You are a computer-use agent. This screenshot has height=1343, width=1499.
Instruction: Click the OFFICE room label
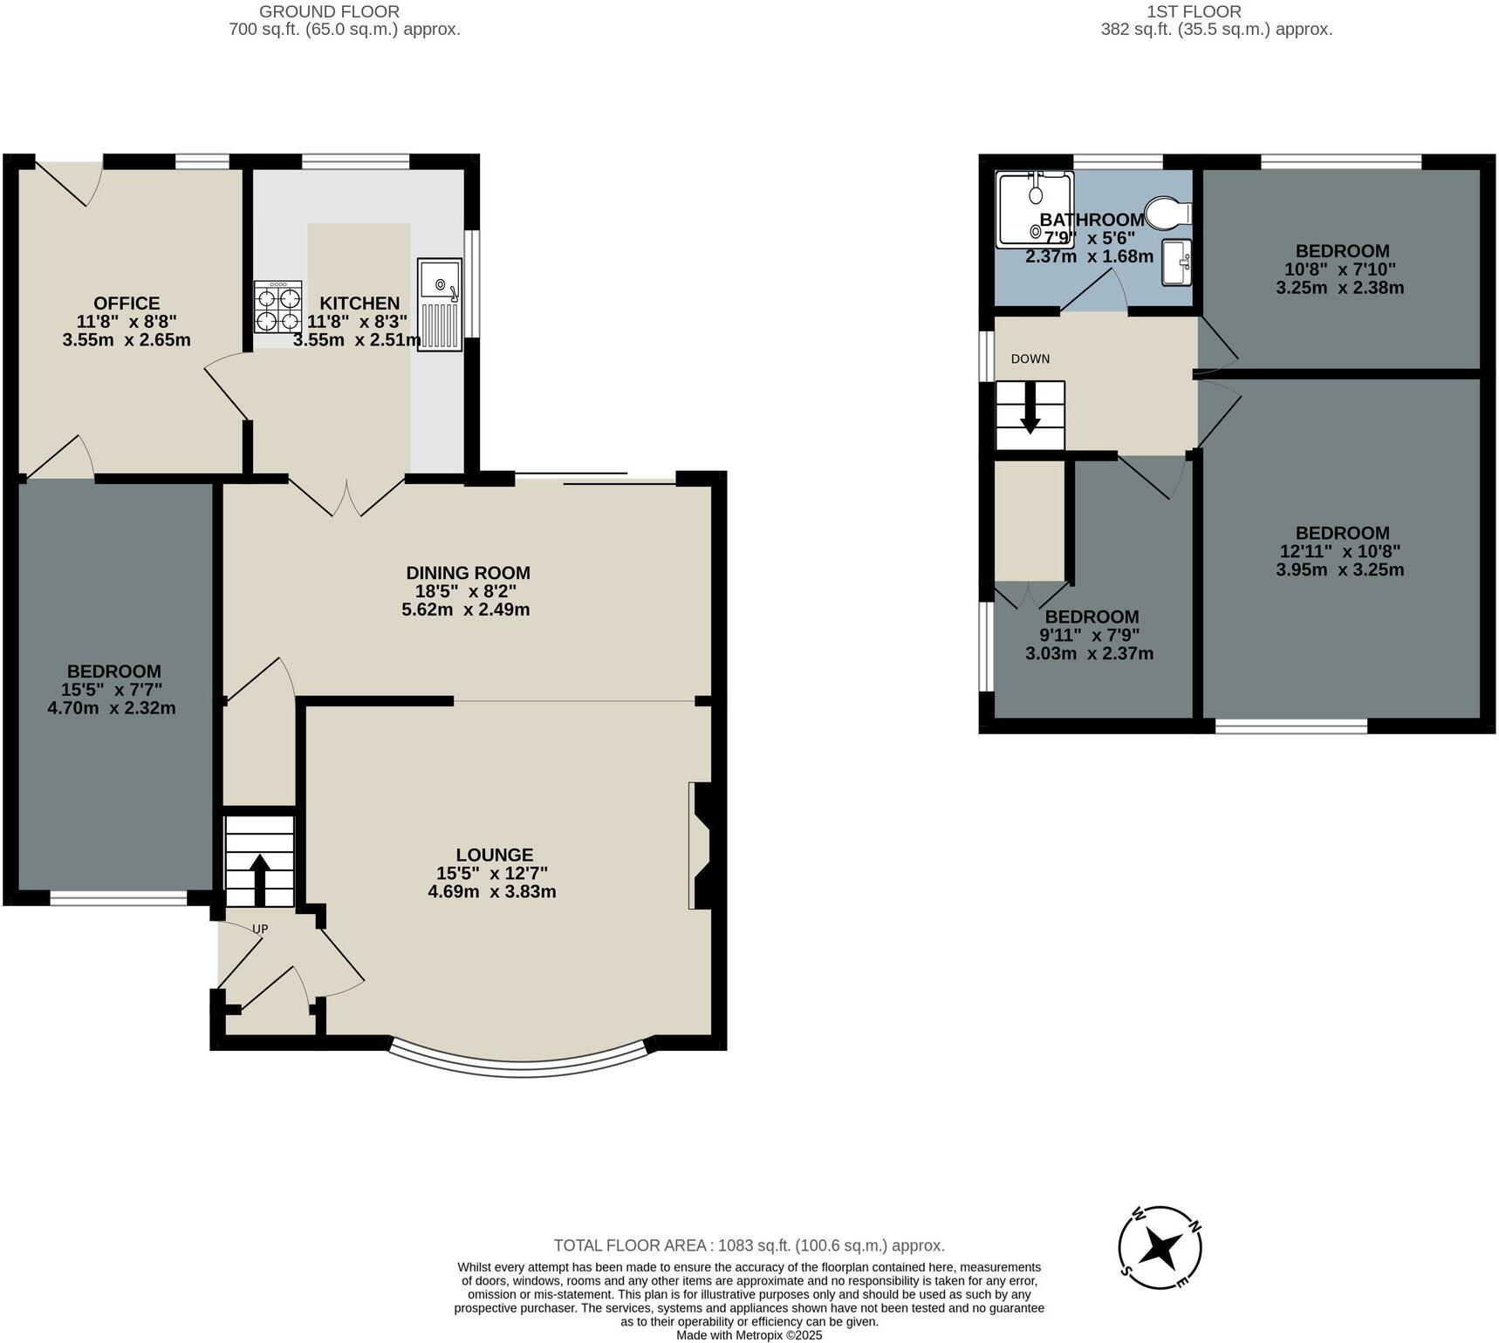pos(127,303)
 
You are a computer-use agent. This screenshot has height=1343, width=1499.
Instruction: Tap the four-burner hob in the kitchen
pos(277,307)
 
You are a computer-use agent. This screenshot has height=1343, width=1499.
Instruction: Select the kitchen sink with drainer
pos(439,303)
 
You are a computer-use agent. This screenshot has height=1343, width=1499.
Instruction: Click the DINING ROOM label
pos(468,573)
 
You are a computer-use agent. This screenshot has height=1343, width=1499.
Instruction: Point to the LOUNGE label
pos(494,856)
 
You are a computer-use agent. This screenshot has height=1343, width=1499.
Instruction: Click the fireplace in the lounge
pos(702,845)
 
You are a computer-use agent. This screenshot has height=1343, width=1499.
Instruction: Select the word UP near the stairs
pos(259,929)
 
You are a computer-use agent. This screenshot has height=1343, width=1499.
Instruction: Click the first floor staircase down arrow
pos(1030,414)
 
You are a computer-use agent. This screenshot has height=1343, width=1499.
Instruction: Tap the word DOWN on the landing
pos(1030,359)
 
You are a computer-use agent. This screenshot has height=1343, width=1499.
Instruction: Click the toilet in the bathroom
pos(1167,212)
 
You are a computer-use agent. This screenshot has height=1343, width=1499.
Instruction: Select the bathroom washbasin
pos(1177,262)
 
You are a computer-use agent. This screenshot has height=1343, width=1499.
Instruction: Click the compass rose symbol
pos(1160,1247)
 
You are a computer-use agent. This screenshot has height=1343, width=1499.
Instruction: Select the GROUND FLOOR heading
pos(329,12)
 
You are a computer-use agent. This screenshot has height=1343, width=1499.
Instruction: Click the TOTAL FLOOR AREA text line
pos(749,1245)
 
